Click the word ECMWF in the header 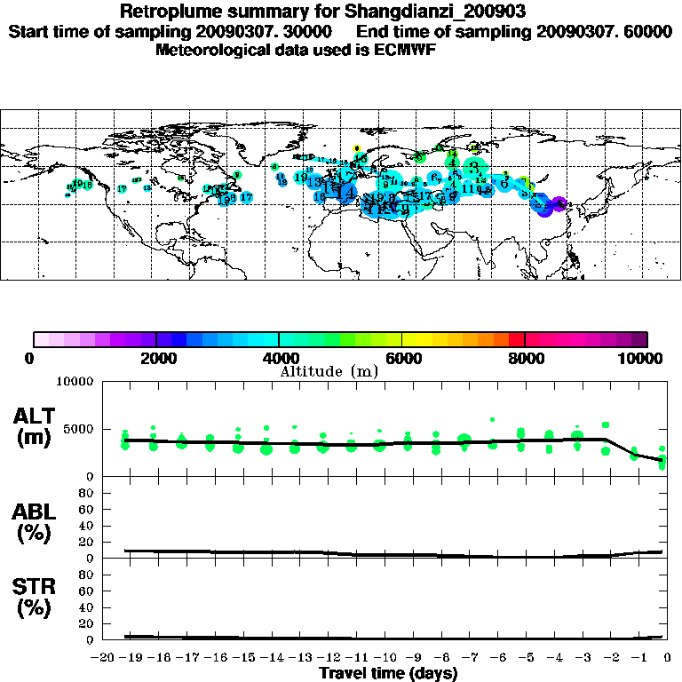point(406,50)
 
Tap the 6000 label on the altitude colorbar point(401,359)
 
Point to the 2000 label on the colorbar point(156,359)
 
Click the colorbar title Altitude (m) point(329,371)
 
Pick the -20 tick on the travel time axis point(105,658)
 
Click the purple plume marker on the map point(559,204)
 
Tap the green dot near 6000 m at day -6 point(492,419)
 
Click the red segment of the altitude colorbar point(517,339)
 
